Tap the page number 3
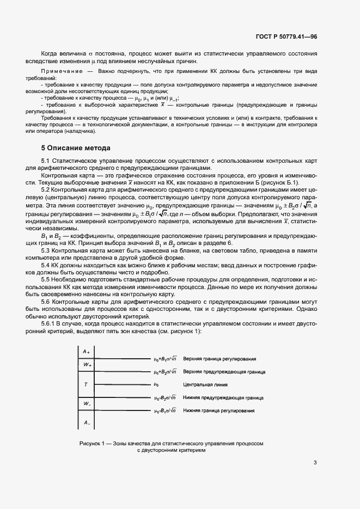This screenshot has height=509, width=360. pyautogui.click(x=315, y=463)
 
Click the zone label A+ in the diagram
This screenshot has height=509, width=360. pyautogui.click(x=86, y=352)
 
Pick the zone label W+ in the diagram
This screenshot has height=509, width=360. pyautogui.click(x=87, y=365)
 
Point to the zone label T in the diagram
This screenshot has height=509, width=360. pyautogui.click(x=86, y=384)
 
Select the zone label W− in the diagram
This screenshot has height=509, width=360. pyautogui.click(x=87, y=403)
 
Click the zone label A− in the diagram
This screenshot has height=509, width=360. pyautogui.click(x=86, y=422)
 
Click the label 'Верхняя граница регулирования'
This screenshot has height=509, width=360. pyautogui.click(x=220, y=359)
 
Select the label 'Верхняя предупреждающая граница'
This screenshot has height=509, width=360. pyautogui.click(x=224, y=372)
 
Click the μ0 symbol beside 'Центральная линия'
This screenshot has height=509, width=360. pyautogui.click(x=156, y=384)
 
